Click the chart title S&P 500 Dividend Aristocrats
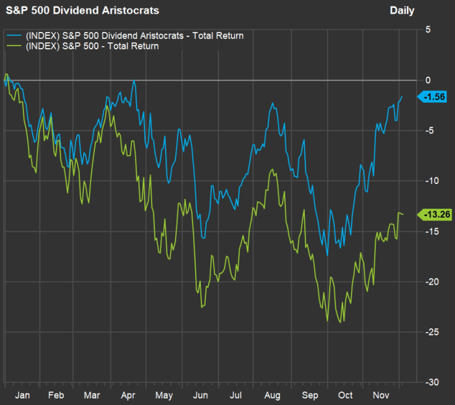point(83,10)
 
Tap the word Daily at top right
point(402,10)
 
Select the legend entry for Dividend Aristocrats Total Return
point(133,36)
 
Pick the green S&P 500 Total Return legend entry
point(90,46)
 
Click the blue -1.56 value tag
point(433,97)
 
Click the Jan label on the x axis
point(22,395)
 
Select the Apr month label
point(127,395)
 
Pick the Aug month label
point(272,395)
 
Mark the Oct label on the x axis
point(345,395)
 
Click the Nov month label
point(381,395)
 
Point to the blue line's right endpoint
point(402,96)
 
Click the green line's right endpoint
point(403,214)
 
